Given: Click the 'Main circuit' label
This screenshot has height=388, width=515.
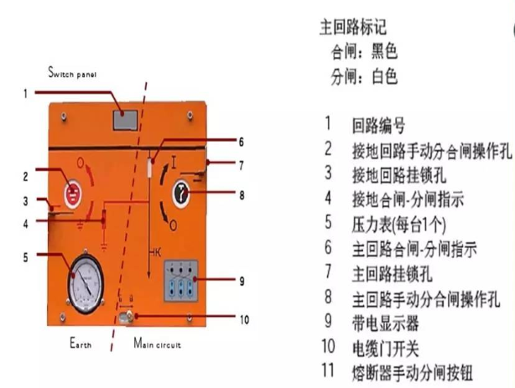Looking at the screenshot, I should tap(157, 344).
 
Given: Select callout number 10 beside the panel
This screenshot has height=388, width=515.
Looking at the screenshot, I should tap(242, 318).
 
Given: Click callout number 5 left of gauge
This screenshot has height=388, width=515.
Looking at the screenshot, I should tap(26, 256).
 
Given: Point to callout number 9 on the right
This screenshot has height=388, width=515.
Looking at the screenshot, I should tap(241, 279).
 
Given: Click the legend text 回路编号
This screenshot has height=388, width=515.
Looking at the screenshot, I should tap(378, 127).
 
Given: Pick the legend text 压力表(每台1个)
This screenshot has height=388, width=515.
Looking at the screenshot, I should tap(399, 224).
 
